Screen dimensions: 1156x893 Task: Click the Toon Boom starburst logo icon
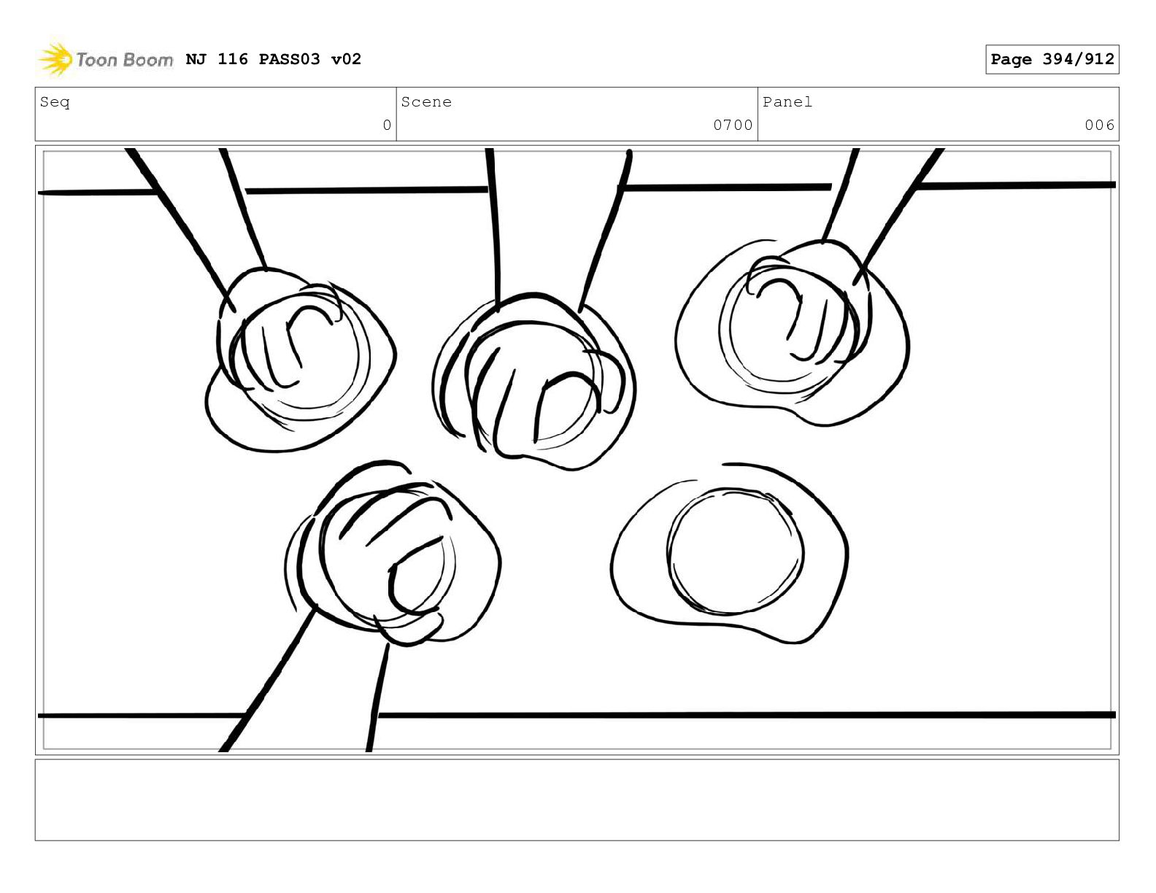click(x=54, y=58)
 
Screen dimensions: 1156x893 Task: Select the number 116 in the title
click(x=233, y=59)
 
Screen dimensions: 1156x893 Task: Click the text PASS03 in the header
click(x=290, y=59)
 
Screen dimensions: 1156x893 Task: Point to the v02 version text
click(x=346, y=59)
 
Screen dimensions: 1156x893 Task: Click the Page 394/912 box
click(x=1052, y=59)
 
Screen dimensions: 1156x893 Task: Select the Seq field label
click(x=55, y=102)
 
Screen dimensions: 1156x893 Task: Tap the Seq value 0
click(x=387, y=125)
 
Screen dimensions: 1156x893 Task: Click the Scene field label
click(x=426, y=101)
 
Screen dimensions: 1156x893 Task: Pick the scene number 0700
click(x=733, y=125)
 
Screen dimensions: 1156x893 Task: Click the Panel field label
click(x=787, y=101)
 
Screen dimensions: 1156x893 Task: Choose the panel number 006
click(x=1099, y=125)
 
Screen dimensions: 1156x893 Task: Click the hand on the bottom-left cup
click(x=383, y=558)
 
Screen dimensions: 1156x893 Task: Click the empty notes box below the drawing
click(x=577, y=800)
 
